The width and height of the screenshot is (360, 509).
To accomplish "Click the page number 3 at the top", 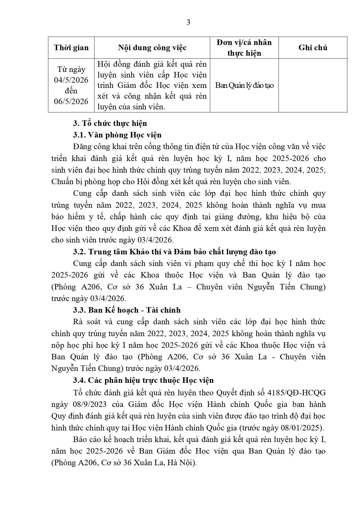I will coord(188,22).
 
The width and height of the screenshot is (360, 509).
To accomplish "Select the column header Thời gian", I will coord(71,48).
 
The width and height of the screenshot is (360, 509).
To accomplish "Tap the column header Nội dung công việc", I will coord(152,48).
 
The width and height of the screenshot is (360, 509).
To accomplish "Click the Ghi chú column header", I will coord(313,48).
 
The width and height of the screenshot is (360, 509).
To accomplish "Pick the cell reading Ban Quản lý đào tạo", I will coord(244,86).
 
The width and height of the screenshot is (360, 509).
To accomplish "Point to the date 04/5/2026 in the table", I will coord(71,80).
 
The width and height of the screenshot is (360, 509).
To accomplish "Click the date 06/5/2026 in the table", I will coord(71,101).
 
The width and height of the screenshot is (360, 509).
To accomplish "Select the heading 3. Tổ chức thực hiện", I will coord(110,123).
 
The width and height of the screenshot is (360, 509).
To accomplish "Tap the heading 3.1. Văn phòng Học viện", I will coord(117,135).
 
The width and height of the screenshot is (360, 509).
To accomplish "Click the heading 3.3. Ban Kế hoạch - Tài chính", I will coord(127,310).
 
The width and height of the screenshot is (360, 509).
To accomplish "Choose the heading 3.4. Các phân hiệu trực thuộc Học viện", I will coord(143,380).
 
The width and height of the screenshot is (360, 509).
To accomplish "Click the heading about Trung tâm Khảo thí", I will coord(174,252).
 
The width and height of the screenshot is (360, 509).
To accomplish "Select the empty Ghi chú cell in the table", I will coord(313,86).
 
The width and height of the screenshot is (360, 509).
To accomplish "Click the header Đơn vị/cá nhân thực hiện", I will coord(244,48).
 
